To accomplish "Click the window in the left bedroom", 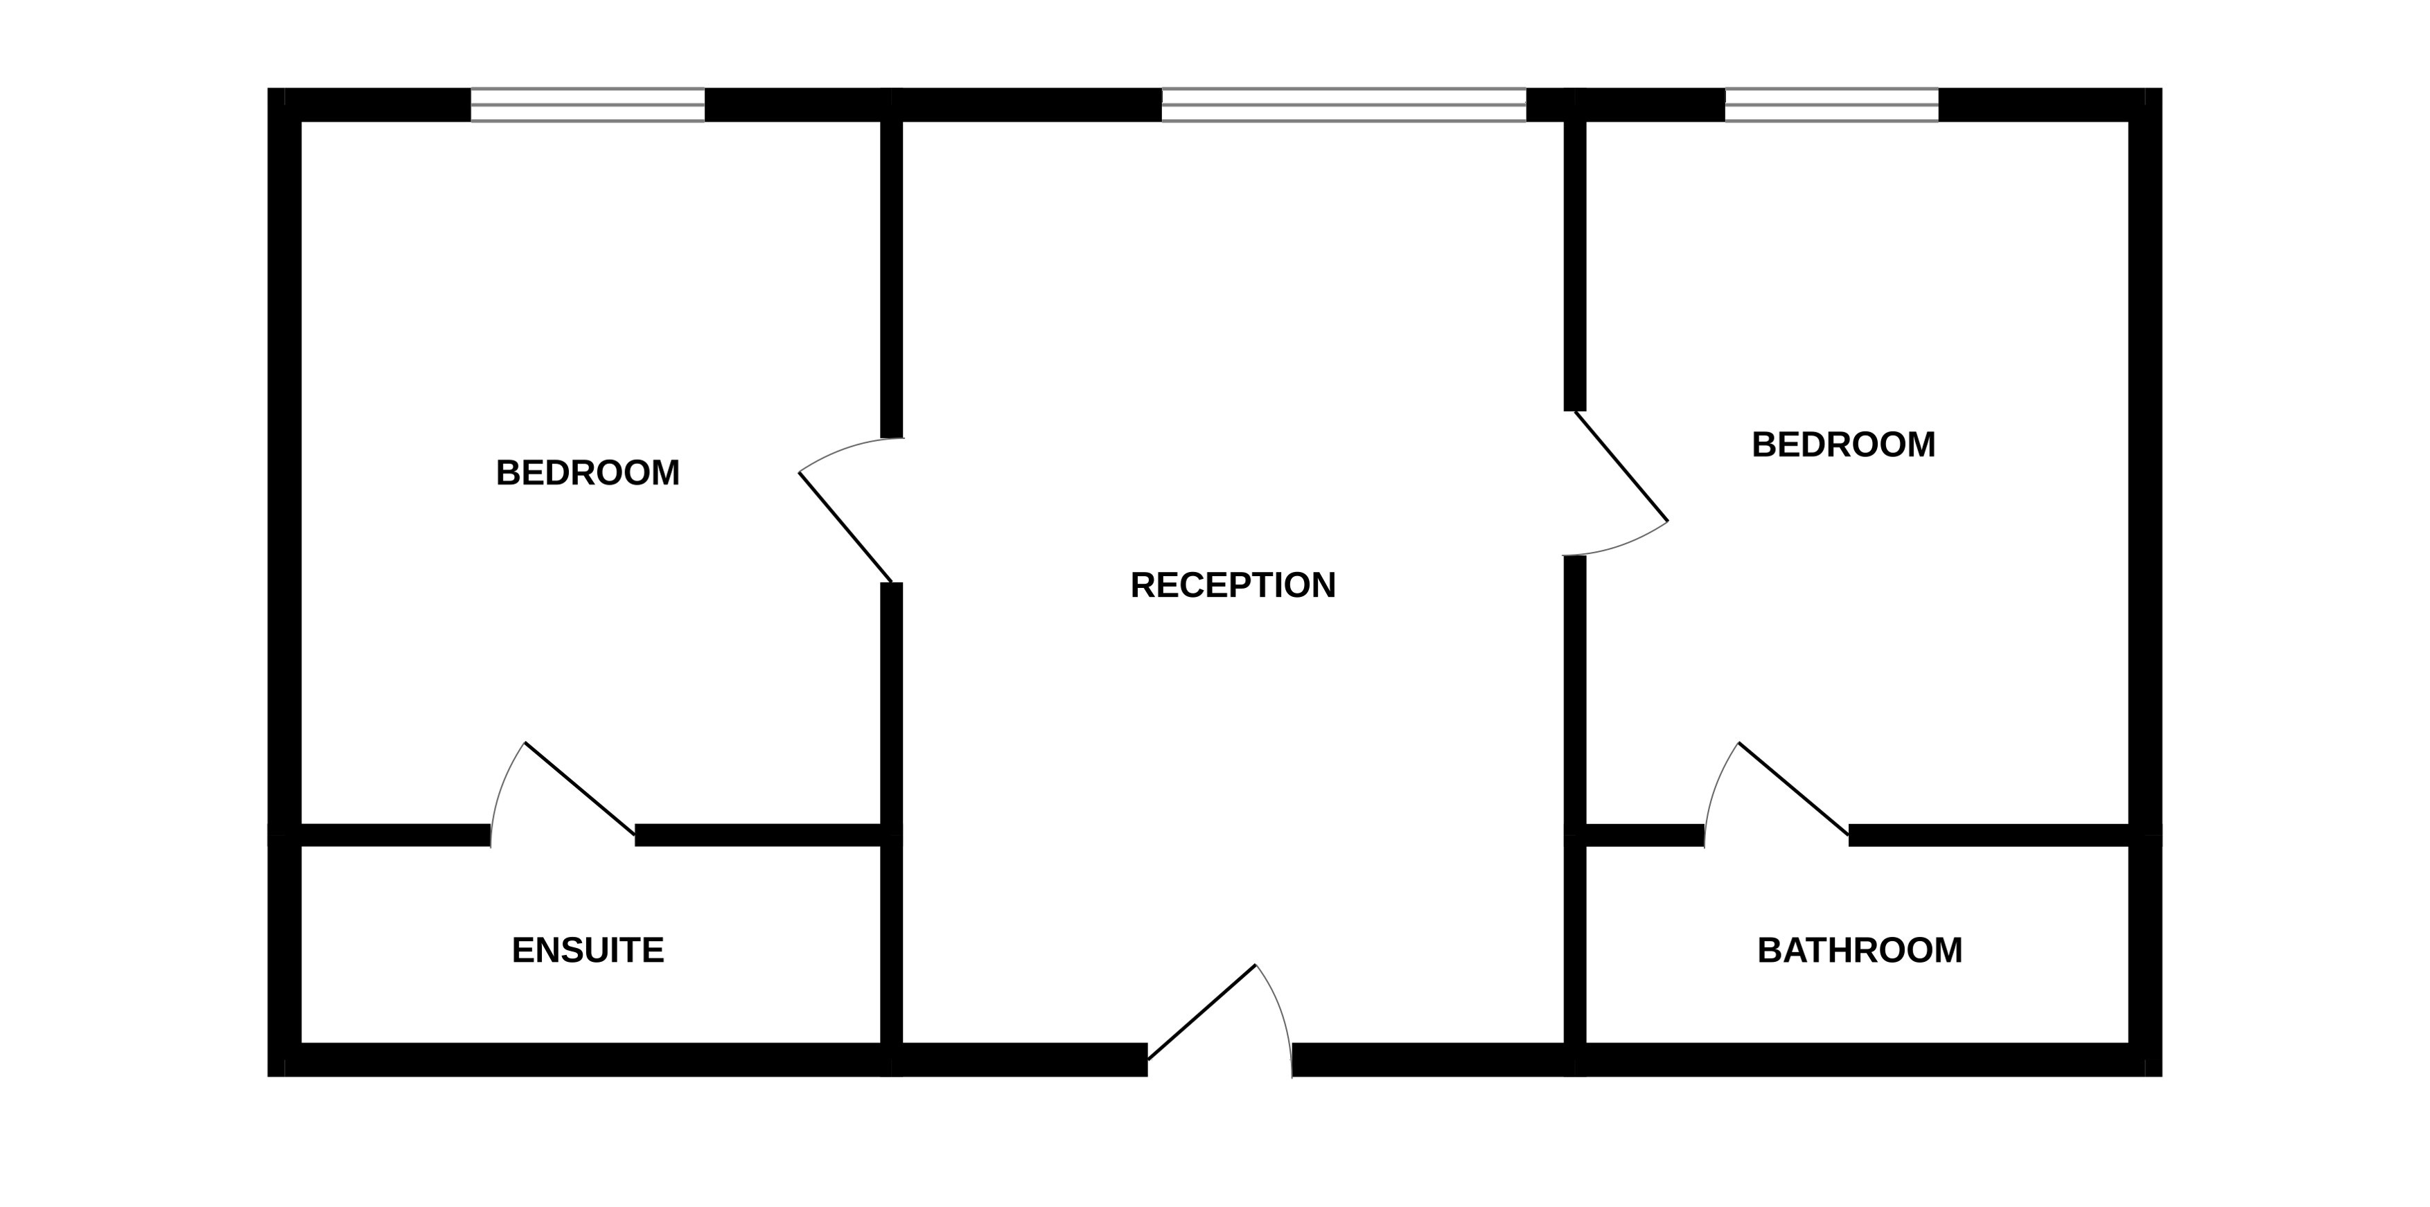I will pos(588,105).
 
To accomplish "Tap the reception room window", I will pos(1344,105).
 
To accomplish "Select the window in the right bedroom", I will pos(1831,105).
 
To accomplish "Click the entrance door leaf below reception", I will pos(1201,1012).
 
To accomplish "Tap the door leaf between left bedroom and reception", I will pos(845,527).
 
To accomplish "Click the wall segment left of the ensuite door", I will pos(395,834).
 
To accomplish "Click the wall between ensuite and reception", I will pos(892,943).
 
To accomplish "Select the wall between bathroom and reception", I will pos(1574,943).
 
